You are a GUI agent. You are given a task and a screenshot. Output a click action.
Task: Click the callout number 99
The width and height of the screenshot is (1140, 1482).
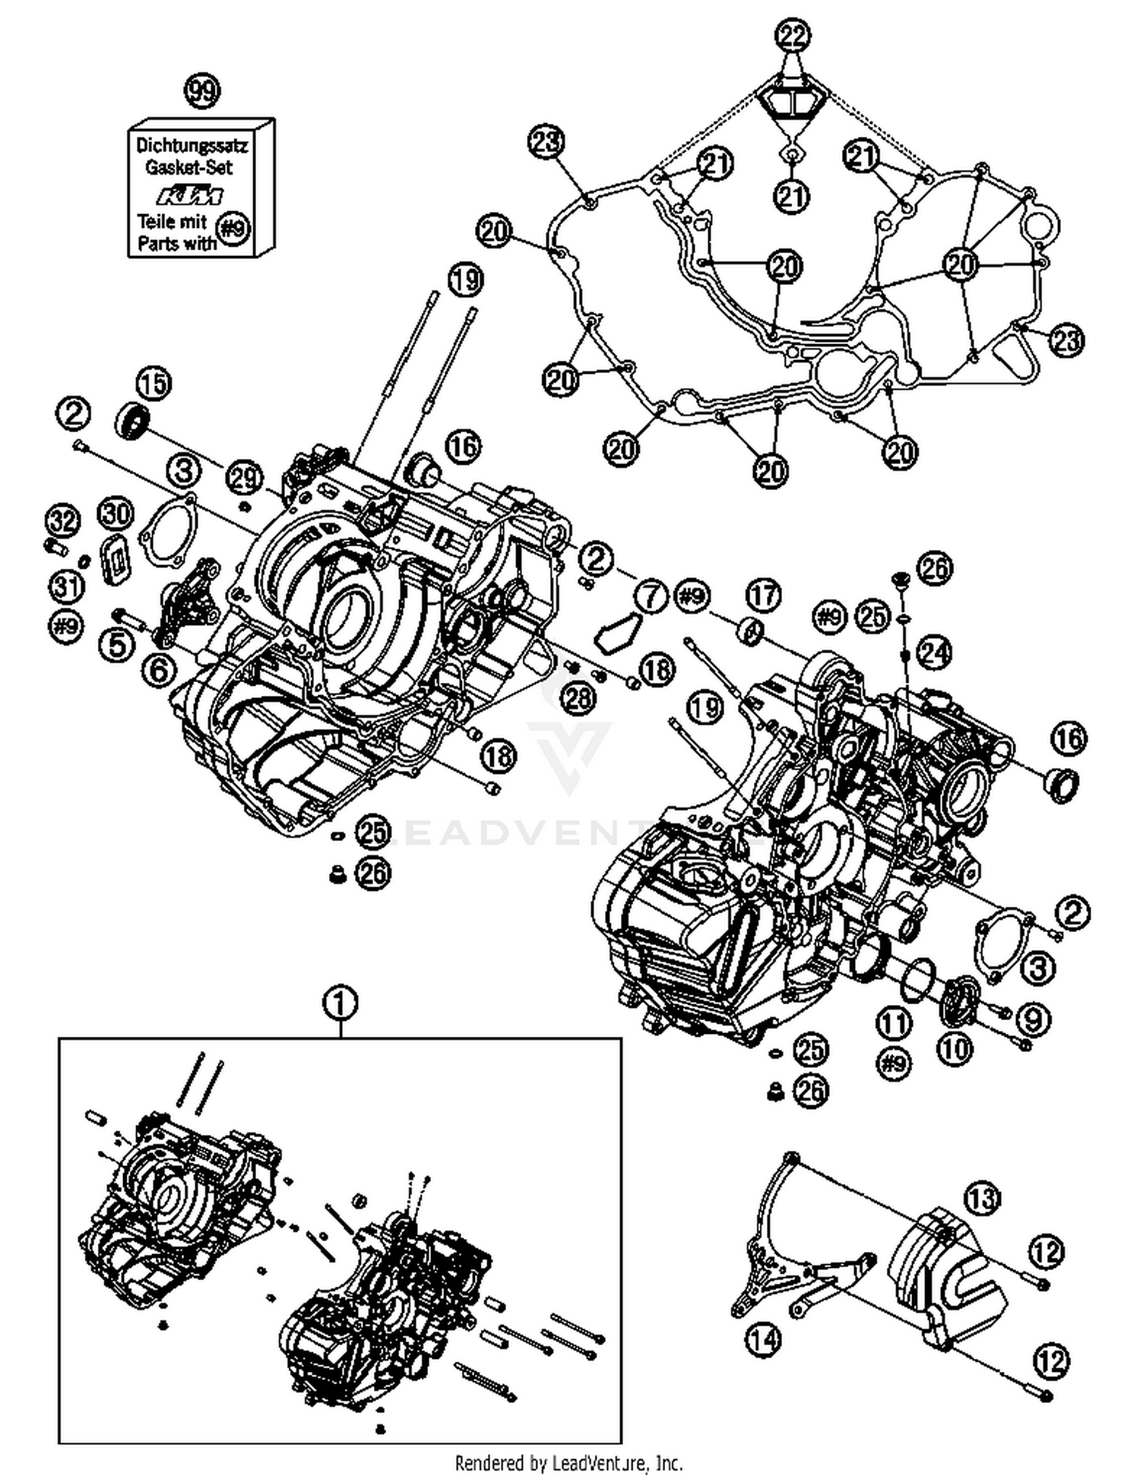[202, 92]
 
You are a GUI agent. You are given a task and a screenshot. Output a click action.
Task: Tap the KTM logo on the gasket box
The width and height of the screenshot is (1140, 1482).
[190, 195]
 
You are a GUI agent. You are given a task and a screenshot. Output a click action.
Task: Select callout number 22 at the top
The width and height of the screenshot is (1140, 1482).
[793, 36]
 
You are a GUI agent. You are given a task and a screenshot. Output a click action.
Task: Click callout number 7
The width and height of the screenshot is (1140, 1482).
[650, 596]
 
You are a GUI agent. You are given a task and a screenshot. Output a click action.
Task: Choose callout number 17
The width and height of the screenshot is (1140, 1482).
[763, 595]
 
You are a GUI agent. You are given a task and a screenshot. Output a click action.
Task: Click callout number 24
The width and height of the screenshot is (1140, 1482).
[935, 651]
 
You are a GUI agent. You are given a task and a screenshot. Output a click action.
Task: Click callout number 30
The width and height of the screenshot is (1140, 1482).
[116, 514]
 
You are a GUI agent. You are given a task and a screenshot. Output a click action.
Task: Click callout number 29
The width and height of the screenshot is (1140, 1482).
[245, 478]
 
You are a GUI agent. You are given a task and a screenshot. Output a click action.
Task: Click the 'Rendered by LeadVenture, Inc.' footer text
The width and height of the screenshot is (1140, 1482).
[568, 1461]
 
